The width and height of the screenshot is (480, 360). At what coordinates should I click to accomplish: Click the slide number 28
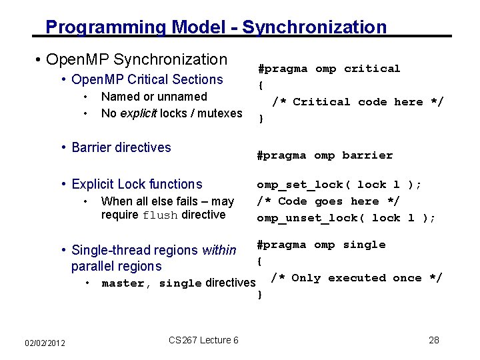coord(434,340)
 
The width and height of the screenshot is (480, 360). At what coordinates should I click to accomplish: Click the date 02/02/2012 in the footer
coord(45,343)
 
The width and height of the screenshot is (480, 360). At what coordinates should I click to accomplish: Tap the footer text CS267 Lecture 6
coord(203,340)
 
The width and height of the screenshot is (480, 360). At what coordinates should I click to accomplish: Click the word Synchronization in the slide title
coord(314,27)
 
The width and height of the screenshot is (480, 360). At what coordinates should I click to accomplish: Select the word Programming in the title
coord(106,27)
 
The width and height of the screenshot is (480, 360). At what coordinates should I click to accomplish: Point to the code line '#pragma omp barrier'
coord(325,155)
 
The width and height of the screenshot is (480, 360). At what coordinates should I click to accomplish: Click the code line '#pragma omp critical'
coord(329,69)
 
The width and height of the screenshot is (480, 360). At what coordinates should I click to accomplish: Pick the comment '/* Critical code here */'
coord(357,102)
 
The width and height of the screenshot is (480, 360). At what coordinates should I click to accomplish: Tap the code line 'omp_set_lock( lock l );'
coord(339,185)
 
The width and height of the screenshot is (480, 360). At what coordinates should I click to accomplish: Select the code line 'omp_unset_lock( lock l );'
coord(346,218)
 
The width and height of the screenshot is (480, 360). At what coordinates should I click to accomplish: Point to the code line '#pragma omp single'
coord(321,245)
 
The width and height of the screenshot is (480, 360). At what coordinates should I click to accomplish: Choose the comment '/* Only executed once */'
coord(357,278)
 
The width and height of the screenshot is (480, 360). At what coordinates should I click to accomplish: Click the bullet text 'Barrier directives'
coord(121,147)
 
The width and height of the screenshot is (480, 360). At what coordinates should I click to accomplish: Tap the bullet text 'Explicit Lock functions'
coord(136,184)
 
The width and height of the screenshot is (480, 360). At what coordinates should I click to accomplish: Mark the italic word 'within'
coord(219,251)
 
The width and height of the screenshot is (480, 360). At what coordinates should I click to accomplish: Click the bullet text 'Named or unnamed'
coord(154,97)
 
